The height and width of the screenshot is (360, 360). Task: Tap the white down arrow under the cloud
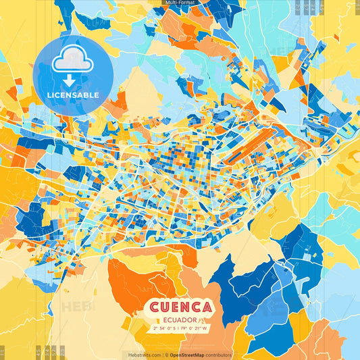pos(68,80)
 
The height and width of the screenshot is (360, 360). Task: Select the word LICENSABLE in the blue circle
pos(73,95)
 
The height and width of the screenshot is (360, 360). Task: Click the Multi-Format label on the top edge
pos(180,3)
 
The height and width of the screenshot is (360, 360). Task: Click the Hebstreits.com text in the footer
pos(143,355)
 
